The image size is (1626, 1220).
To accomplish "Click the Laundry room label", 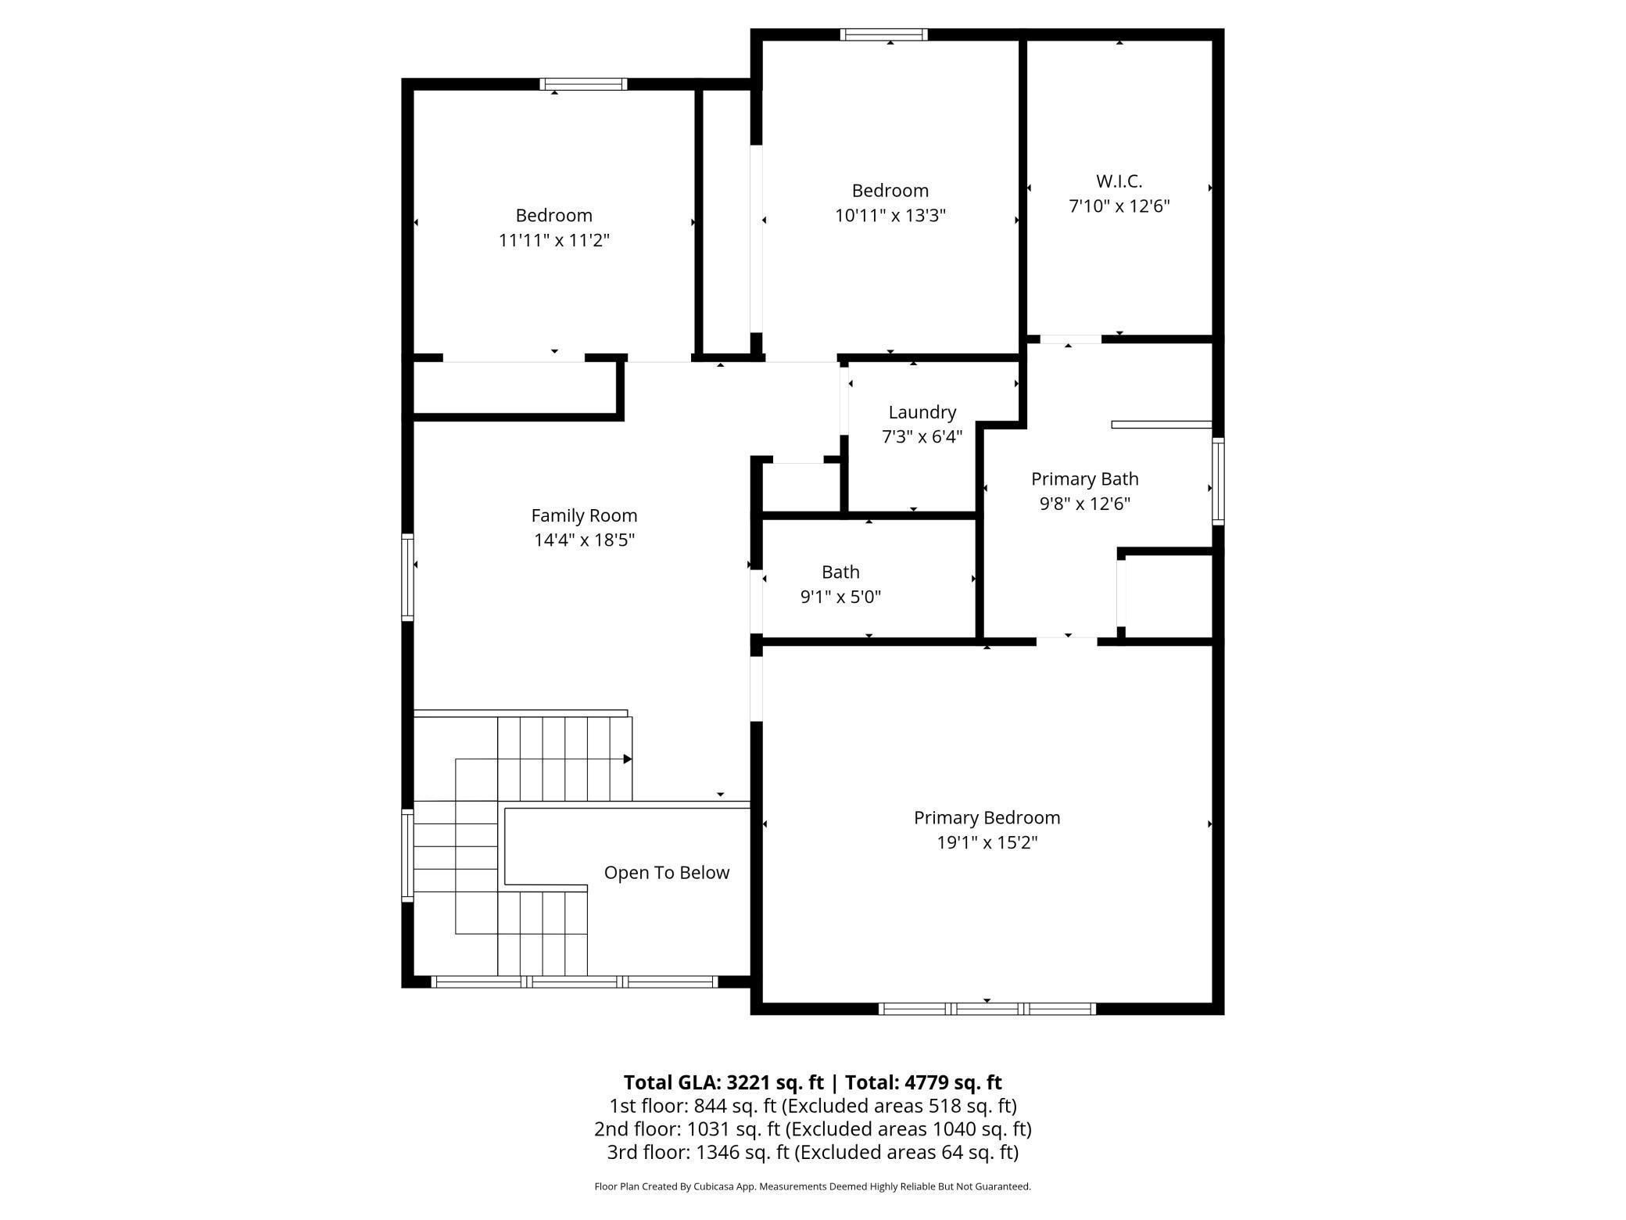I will click(x=922, y=412).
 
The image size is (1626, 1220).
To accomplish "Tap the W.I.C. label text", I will click(x=1119, y=181).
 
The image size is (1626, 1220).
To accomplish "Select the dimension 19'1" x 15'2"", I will click(x=987, y=842).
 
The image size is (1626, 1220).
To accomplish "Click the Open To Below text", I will click(x=666, y=873).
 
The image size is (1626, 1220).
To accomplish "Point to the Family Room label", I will click(x=584, y=515).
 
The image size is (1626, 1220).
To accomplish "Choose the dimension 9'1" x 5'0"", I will click(x=840, y=597).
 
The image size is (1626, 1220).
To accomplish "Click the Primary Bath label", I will click(x=1084, y=479).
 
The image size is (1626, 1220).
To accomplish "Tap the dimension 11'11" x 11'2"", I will click(x=553, y=240).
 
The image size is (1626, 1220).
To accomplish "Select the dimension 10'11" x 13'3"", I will click(x=890, y=215).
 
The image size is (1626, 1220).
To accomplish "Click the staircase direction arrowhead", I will click(x=627, y=759).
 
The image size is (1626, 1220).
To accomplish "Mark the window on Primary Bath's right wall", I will click(x=1217, y=481).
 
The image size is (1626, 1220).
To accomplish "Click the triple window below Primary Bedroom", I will click(x=987, y=1009).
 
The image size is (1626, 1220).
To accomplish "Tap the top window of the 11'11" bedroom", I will click(x=583, y=84).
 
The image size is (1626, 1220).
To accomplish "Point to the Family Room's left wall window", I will click(x=407, y=577).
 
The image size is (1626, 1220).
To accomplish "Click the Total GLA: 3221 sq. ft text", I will click(x=722, y=1082).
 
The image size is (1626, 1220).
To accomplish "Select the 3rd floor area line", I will click(x=812, y=1152).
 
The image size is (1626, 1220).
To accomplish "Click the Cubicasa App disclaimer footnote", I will click(x=812, y=1186).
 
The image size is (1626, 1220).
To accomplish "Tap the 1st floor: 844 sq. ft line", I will click(x=812, y=1106).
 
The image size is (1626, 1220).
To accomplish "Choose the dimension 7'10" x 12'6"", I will click(x=1119, y=206).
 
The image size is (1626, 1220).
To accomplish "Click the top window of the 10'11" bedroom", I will click(x=883, y=34).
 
